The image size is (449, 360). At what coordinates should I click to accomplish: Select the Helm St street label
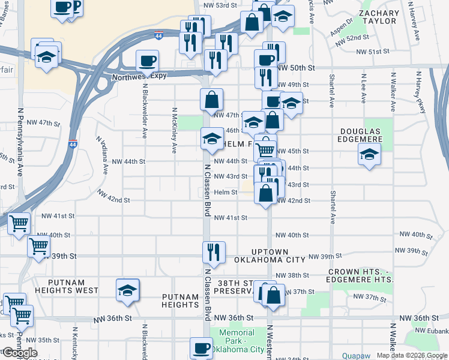coord(226,193)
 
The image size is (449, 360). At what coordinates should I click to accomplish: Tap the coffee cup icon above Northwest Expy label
coord(147,61)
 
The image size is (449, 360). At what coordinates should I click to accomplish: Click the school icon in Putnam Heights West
coord(128,290)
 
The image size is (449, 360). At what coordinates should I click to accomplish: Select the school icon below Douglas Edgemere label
coord(369,154)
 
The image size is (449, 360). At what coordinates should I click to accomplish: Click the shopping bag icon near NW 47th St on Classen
coord(212,100)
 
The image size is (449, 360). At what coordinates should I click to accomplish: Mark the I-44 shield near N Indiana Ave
coord(73,144)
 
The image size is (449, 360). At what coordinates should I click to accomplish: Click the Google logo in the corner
coord(19,353)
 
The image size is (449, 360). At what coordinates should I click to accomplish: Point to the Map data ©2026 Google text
coord(411,355)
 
